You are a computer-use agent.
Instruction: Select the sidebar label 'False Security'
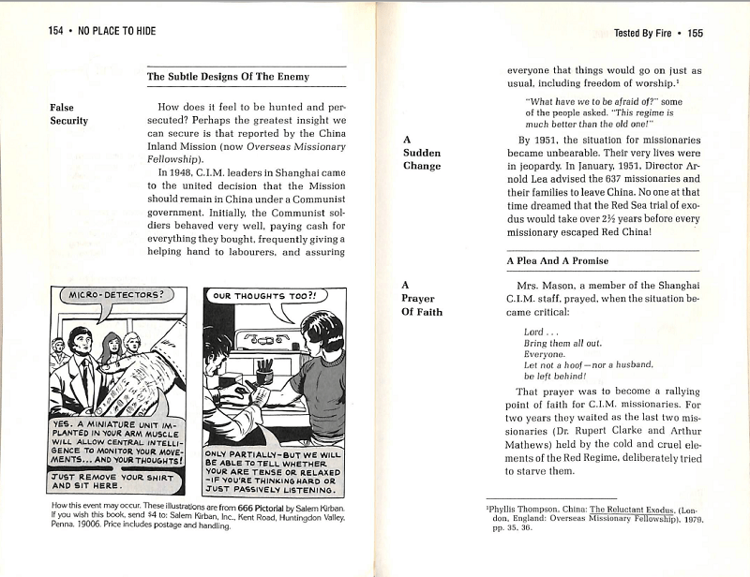(x=68, y=114)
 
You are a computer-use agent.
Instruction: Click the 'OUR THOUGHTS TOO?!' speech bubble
(x=264, y=296)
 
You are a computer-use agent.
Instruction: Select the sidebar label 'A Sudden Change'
(x=421, y=153)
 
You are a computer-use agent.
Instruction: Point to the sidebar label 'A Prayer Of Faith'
(x=423, y=299)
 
